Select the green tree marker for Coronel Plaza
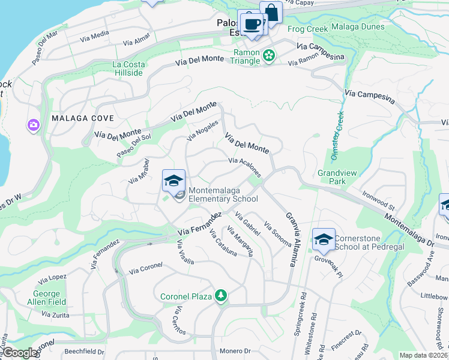[x=221, y=295]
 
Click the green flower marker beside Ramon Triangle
[x=269, y=56]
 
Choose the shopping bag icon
[x=271, y=13]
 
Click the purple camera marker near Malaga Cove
[x=32, y=125]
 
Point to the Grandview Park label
[x=337, y=176]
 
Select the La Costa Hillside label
[x=128, y=68]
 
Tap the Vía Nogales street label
[x=202, y=130]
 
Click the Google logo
[x=19, y=352]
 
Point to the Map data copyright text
[x=423, y=355]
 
